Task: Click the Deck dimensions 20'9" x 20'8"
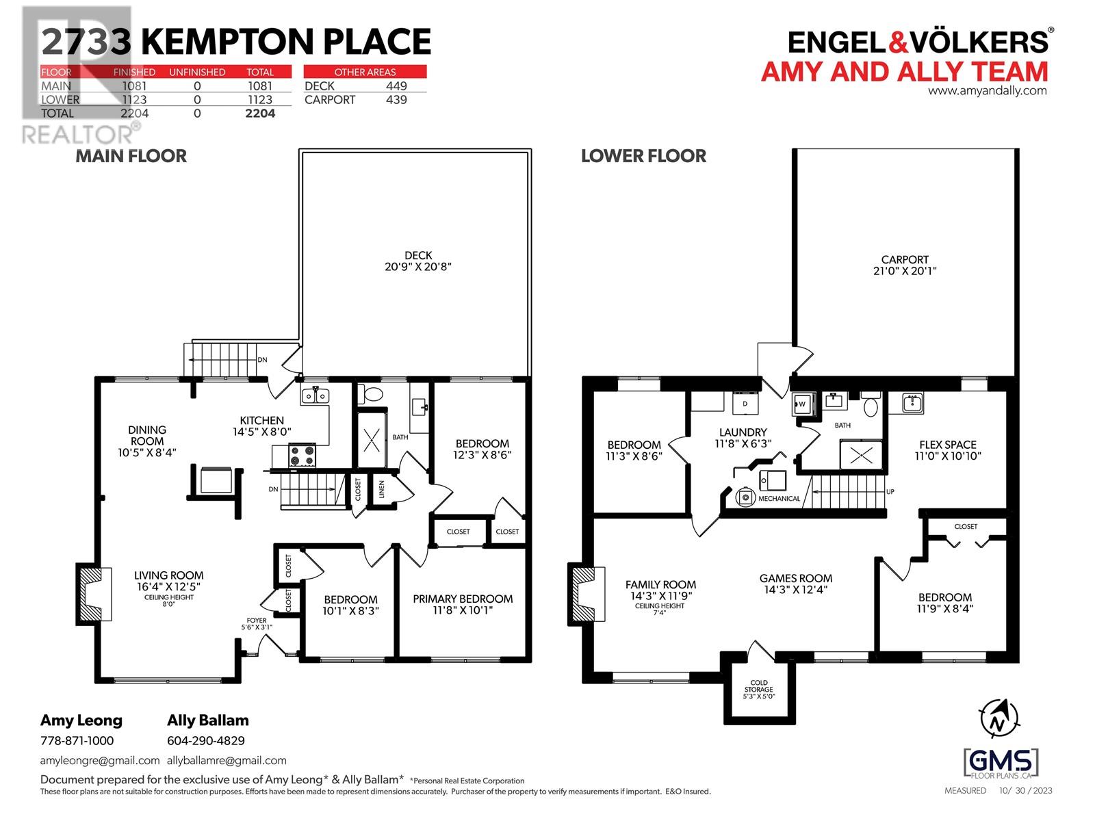click(418, 267)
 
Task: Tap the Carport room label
click(904, 259)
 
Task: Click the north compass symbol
click(999, 719)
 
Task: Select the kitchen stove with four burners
click(302, 455)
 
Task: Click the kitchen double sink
click(315, 395)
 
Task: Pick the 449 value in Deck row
click(396, 86)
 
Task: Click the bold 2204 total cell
click(260, 114)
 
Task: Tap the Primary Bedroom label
click(463, 599)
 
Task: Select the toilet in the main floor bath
click(373, 395)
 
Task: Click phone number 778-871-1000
click(77, 740)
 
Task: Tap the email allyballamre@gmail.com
click(227, 760)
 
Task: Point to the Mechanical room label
click(779, 499)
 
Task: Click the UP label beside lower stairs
click(890, 491)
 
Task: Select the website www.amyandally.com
click(987, 90)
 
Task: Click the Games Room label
click(795, 578)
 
